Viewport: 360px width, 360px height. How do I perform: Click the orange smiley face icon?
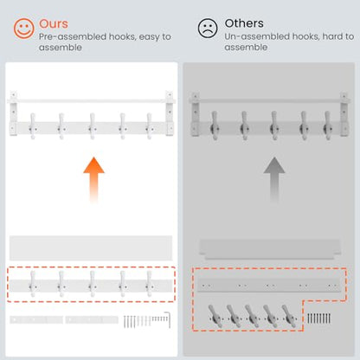[x=24, y=29]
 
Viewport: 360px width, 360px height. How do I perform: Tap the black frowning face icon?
[x=208, y=28]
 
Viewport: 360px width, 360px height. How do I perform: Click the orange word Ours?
[x=54, y=23]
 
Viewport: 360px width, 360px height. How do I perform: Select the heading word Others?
[x=244, y=23]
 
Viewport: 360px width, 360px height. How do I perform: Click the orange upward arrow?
[x=93, y=180]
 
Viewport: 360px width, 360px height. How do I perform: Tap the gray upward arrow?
[x=274, y=180]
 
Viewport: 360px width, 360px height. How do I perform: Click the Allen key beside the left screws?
[x=168, y=319]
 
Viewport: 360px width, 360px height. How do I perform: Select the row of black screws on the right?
[x=318, y=318]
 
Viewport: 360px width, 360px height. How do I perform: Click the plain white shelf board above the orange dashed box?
[x=91, y=248]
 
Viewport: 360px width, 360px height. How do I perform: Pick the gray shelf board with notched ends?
[x=270, y=249]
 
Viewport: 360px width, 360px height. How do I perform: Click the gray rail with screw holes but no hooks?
[x=269, y=286]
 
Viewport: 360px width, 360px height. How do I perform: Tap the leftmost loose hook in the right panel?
[x=215, y=316]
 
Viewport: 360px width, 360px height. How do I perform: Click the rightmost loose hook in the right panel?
[x=289, y=316]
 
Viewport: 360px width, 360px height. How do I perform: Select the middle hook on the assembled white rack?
[x=93, y=126]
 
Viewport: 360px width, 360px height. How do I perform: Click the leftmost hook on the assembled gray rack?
[x=215, y=125]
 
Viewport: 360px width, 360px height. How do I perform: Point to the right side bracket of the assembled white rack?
[x=170, y=113]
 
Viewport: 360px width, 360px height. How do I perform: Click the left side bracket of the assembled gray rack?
[x=196, y=114]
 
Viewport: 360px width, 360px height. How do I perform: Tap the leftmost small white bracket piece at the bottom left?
[x=36, y=319]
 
